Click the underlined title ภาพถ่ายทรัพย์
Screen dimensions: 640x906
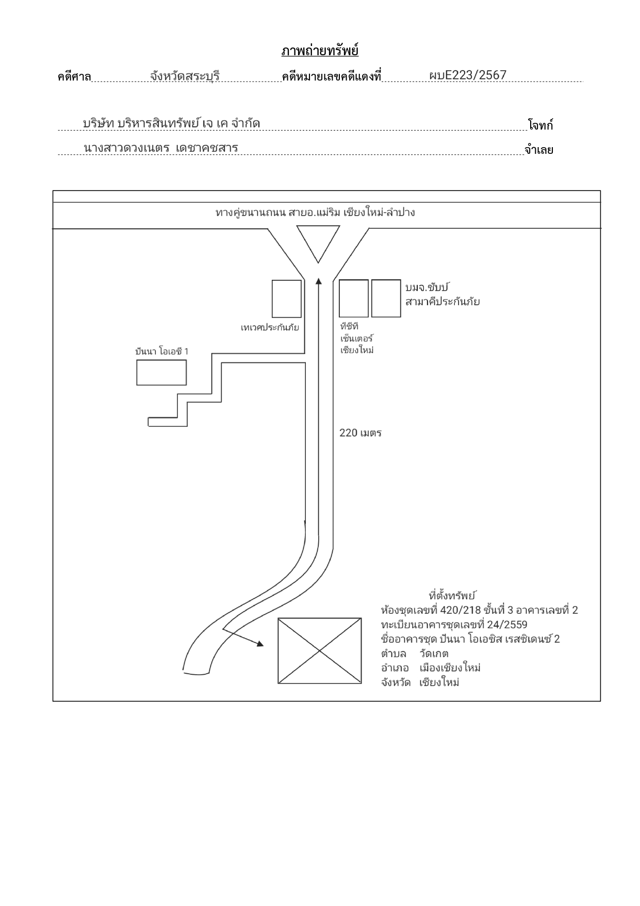(320, 51)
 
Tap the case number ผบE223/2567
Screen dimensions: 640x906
(468, 75)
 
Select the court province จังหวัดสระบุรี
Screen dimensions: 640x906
(185, 76)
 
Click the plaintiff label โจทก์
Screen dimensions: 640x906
(540, 125)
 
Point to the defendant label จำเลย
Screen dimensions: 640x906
(539, 150)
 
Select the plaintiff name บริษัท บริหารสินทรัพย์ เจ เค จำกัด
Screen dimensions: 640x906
(171, 124)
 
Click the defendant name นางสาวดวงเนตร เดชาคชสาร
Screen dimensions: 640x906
(161, 148)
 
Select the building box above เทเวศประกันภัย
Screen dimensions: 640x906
(287, 299)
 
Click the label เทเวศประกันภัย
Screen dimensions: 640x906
(270, 327)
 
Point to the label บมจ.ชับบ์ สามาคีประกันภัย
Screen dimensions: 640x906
(442, 295)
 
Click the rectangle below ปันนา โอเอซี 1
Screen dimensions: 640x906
(161, 373)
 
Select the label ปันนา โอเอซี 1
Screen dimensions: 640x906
(162, 352)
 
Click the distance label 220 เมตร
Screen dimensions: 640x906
(360, 433)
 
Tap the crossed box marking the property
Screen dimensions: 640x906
(320, 651)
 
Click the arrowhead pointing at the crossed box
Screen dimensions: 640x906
(260, 644)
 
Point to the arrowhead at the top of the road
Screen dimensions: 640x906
(318, 281)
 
